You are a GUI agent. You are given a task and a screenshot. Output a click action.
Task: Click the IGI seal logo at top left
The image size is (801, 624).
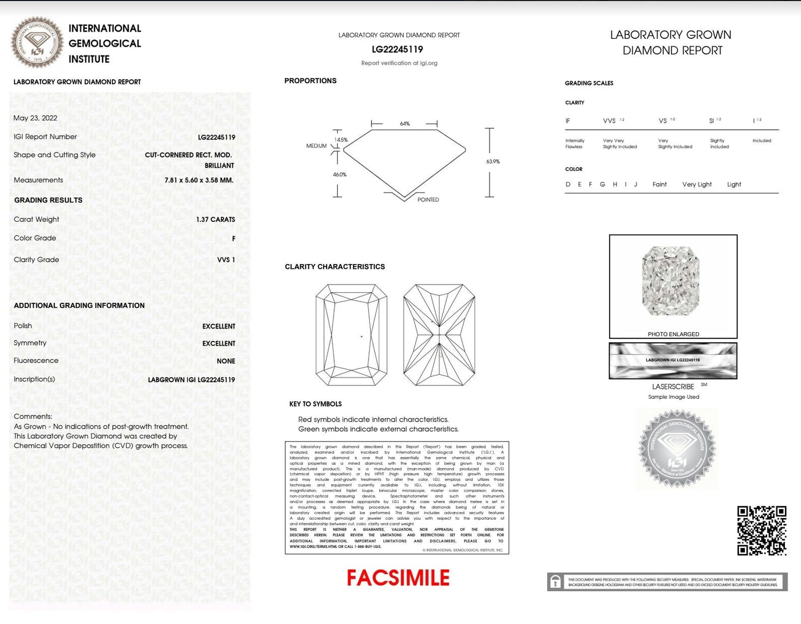point(37,43)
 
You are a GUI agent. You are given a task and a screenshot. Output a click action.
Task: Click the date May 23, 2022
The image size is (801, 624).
point(35,118)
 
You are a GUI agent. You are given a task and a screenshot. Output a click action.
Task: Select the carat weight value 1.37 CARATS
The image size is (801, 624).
point(215,220)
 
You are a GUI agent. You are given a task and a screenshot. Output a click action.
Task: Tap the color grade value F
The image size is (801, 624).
point(233,239)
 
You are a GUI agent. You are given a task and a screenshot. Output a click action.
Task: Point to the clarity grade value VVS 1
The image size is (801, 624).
point(226,260)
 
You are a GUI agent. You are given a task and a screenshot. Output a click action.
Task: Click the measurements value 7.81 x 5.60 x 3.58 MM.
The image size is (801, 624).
point(199,180)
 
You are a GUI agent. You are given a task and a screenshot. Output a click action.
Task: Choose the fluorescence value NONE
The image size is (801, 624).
point(226,361)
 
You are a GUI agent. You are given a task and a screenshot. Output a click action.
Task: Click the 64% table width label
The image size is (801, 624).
point(405,124)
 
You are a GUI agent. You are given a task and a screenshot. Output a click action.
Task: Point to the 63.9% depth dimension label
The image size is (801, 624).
point(493,161)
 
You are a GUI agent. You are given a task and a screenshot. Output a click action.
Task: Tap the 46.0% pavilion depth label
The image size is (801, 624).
point(339,175)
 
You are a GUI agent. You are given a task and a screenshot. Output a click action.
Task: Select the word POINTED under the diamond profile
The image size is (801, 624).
point(428,200)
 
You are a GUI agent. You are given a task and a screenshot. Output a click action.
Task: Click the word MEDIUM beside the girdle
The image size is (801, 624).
point(317,146)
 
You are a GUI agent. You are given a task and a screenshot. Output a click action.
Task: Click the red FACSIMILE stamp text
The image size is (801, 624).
point(398,578)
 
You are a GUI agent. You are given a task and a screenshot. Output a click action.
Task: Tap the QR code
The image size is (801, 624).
point(762,530)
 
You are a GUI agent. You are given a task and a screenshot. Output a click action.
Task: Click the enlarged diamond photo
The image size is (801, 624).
point(671,281)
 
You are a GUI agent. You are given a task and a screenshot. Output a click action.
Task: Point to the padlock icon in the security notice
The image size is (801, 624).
point(555,582)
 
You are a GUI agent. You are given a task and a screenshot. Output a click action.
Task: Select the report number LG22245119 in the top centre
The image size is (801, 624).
point(397,49)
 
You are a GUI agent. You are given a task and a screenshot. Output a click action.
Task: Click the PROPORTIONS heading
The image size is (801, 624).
point(310,81)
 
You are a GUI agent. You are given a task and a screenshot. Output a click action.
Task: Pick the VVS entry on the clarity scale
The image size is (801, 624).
point(609,121)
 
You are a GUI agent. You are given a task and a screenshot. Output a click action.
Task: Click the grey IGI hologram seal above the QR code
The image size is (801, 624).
point(676,449)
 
